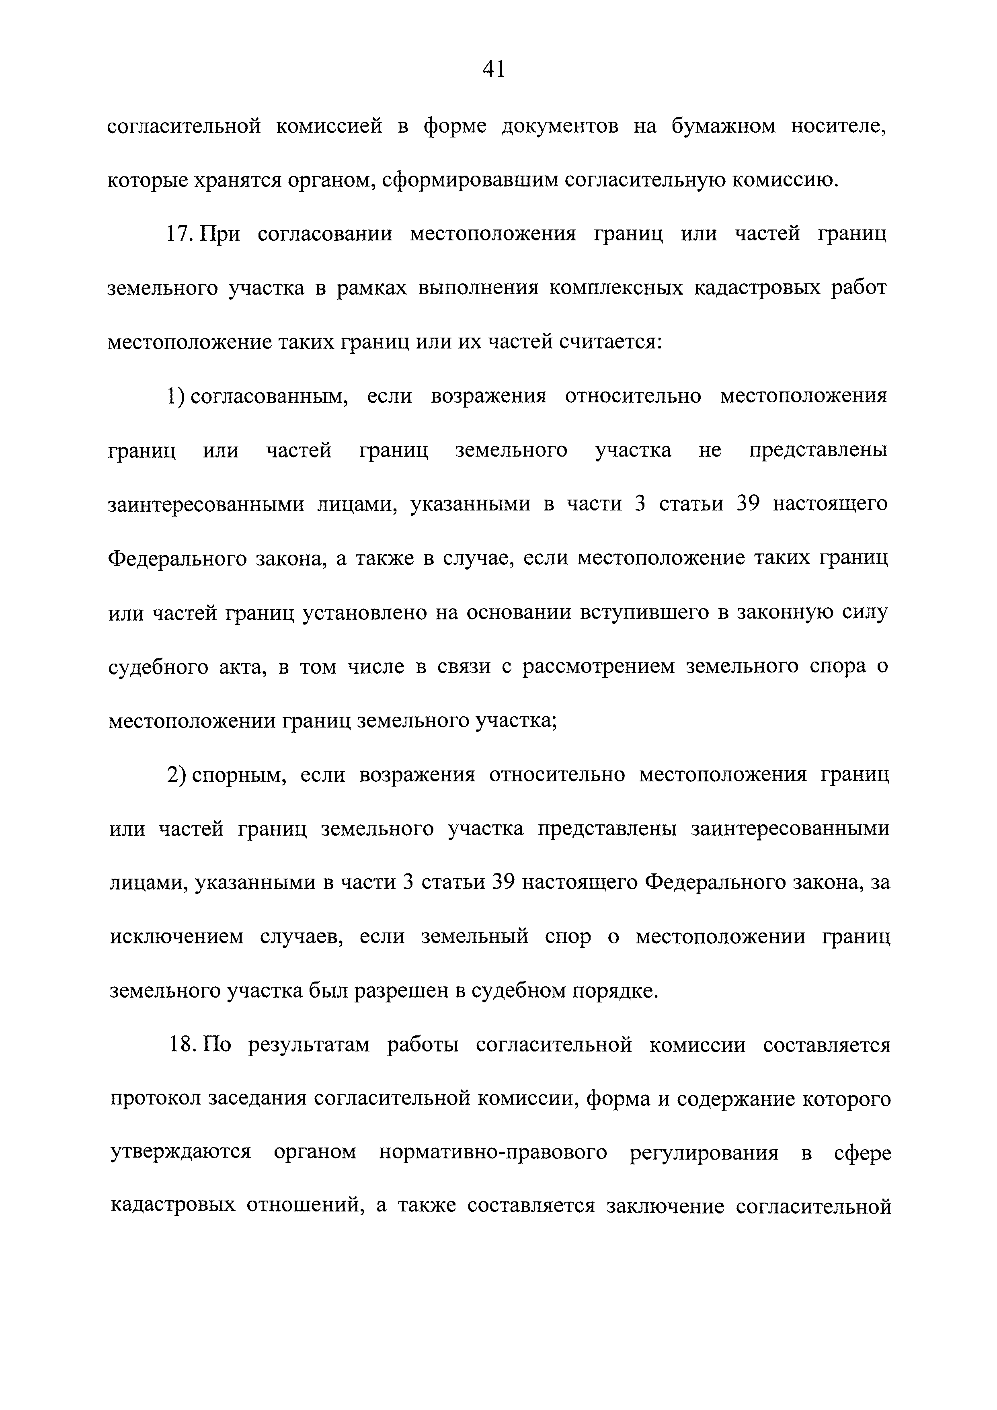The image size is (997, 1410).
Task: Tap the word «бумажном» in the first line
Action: [723, 127]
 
